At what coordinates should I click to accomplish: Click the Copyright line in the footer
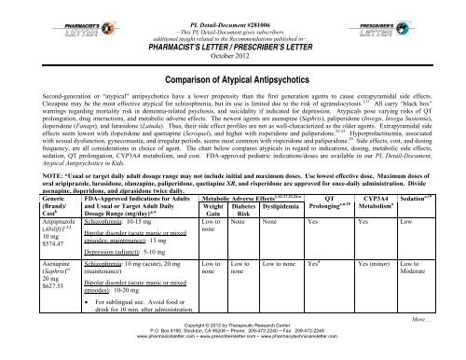click(x=233, y=344)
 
